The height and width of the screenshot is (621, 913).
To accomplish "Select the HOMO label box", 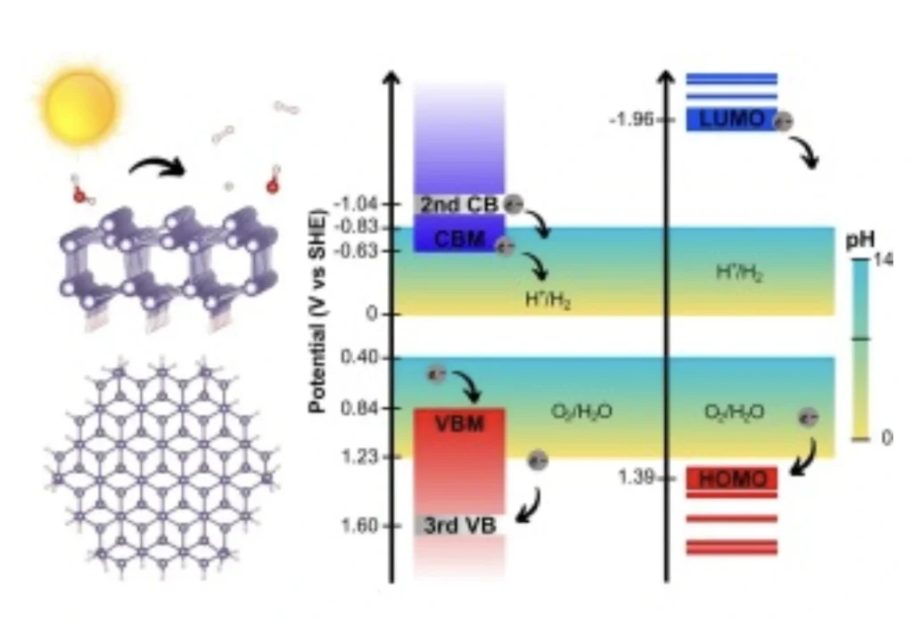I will click(x=732, y=479).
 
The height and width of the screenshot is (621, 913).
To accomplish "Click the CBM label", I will click(x=459, y=238).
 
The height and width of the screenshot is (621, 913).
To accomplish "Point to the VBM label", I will click(x=459, y=423).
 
